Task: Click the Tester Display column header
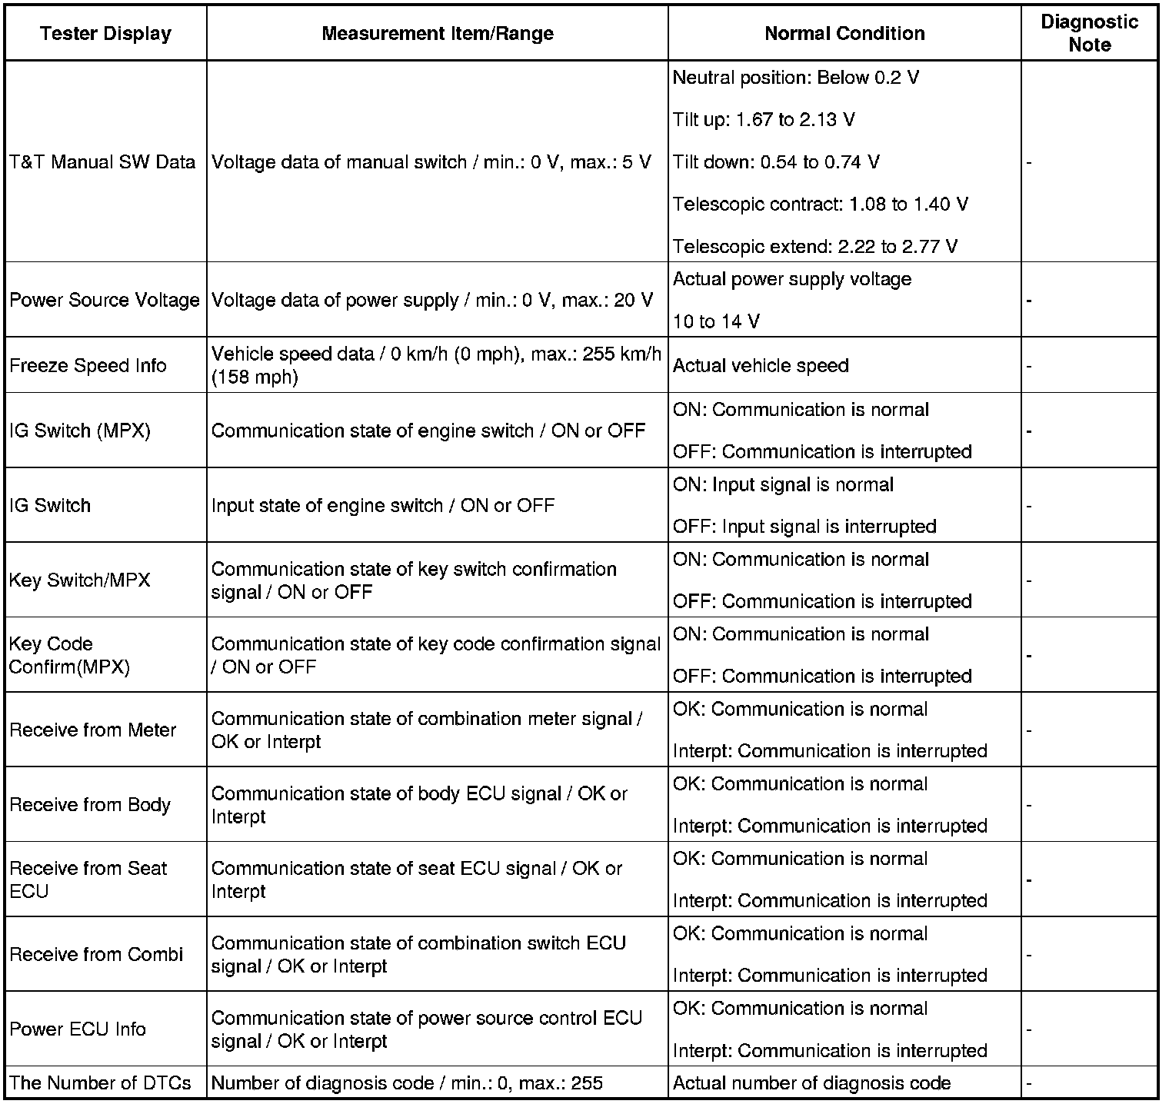click(105, 34)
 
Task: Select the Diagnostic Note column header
click(1089, 33)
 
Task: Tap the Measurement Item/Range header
click(437, 34)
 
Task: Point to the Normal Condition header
click(844, 34)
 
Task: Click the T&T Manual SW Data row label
click(102, 162)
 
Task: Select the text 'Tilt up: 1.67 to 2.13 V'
click(763, 120)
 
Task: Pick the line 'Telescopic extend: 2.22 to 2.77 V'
click(815, 247)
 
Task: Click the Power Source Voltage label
click(105, 300)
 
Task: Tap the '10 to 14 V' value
click(716, 321)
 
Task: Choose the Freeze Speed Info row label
click(88, 365)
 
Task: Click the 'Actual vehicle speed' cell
click(761, 366)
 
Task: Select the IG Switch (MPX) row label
click(80, 431)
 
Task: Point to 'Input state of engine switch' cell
click(382, 506)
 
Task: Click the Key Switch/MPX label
click(80, 580)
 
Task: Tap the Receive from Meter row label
click(93, 730)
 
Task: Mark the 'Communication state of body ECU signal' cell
click(419, 805)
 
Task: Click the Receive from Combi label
click(96, 955)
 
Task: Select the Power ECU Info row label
click(78, 1029)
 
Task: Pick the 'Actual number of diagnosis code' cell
click(811, 1084)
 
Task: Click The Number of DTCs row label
click(100, 1084)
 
